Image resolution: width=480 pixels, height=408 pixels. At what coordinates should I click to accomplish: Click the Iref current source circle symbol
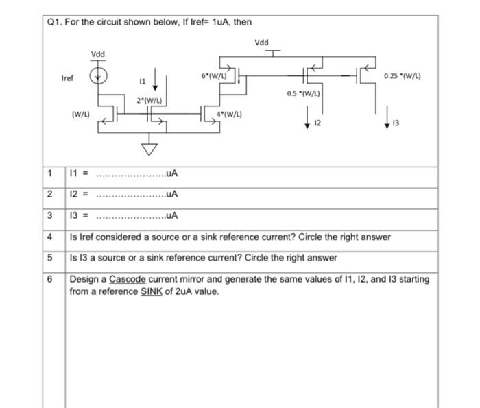(101, 75)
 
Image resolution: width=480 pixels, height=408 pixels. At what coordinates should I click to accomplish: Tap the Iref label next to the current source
(67, 78)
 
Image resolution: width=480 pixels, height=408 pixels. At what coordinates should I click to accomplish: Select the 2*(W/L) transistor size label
(148, 101)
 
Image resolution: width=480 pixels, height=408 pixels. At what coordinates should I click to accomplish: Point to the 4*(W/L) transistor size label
(231, 114)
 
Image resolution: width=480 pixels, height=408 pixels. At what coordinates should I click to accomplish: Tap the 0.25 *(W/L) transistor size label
(402, 75)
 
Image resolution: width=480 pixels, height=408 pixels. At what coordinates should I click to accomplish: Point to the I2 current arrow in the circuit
(307, 119)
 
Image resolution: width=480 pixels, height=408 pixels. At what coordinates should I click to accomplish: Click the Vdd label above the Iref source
(98, 54)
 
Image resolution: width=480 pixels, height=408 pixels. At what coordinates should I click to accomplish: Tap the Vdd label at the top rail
(261, 43)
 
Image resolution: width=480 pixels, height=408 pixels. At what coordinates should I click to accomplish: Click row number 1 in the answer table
(51, 173)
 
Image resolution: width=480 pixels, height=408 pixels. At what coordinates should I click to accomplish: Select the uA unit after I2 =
(171, 194)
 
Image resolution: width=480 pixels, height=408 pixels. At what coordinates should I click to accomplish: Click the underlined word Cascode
(123, 279)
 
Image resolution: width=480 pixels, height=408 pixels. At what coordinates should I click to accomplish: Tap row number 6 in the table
(51, 279)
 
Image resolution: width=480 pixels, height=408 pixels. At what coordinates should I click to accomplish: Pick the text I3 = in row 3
(80, 215)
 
